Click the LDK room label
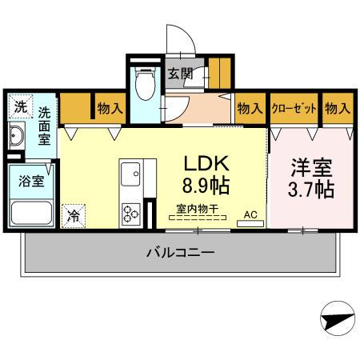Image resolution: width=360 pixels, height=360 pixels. [207, 163]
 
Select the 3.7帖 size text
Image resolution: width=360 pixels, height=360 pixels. [311, 191]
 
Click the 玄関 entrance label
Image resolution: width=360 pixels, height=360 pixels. [180, 74]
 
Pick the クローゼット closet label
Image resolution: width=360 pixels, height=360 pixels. [294, 108]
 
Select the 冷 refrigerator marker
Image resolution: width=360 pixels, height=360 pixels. [74, 214]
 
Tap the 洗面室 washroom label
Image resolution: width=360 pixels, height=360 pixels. [45, 126]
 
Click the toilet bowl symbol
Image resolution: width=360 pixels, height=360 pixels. [146, 85]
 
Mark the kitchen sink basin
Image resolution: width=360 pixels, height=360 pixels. [129, 174]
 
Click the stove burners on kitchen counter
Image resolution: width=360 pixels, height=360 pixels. [130, 212]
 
